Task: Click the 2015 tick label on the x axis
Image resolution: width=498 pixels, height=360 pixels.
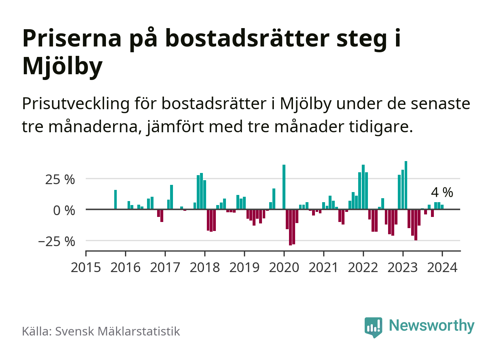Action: pyautogui.click(x=86, y=267)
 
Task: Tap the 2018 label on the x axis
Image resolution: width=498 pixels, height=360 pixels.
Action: pyautogui.click(x=205, y=267)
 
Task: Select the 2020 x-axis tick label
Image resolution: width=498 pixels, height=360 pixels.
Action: pyautogui.click(x=284, y=267)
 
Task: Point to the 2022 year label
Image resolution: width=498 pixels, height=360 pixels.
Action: pyautogui.click(x=363, y=267)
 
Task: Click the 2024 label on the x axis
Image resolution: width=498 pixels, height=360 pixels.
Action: pyautogui.click(x=442, y=267)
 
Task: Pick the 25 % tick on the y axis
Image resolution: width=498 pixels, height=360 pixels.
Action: pyautogui.click(x=60, y=179)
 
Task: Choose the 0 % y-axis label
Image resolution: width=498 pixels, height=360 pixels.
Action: pyautogui.click(x=64, y=210)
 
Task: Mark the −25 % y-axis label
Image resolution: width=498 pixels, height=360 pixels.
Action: pyautogui.click(x=57, y=241)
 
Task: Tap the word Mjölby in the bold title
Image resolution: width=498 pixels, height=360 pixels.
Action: pyautogui.click(x=62, y=66)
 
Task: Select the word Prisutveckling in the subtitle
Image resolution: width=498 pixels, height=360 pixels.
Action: pyautogui.click(x=76, y=103)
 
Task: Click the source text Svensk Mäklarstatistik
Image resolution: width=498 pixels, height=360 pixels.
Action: pyautogui.click(x=117, y=331)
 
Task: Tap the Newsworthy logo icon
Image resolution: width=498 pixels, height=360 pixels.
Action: pyautogui.click(x=373, y=327)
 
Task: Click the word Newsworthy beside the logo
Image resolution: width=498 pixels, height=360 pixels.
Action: pyautogui.click(x=432, y=325)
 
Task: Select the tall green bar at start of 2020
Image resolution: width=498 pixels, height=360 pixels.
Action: pyautogui.click(x=284, y=187)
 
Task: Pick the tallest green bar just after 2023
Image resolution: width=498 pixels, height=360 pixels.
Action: pyautogui.click(x=406, y=185)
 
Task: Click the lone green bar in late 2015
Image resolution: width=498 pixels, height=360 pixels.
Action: pyautogui.click(x=115, y=199)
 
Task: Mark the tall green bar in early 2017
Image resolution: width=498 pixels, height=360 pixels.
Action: pyautogui.click(x=172, y=197)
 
